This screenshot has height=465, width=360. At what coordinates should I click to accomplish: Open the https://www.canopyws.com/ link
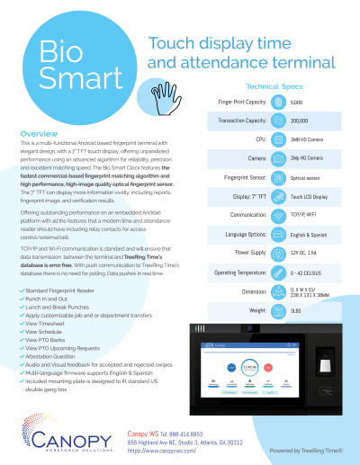click(x=162, y=450)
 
